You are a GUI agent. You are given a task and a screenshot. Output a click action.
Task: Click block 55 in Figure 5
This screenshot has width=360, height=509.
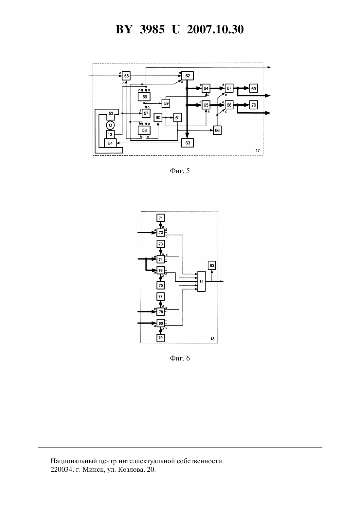click(x=126, y=76)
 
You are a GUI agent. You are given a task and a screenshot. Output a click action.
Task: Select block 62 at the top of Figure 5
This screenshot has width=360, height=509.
click(x=188, y=76)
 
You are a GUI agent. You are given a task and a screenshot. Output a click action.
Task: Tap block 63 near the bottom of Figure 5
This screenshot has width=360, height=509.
click(x=188, y=143)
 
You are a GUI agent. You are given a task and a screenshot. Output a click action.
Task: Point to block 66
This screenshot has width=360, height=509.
click(x=217, y=130)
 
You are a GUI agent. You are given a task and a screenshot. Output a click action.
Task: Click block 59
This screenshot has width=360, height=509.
click(x=166, y=103)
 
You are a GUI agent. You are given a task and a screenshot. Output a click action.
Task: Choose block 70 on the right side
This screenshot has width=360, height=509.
click(x=253, y=105)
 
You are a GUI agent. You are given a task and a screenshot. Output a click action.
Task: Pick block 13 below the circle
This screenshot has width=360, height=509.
click(x=110, y=134)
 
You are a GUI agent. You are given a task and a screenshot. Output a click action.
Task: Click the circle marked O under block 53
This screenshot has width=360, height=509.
click(x=110, y=125)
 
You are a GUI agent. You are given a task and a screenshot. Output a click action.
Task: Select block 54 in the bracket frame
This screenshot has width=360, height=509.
click(x=110, y=143)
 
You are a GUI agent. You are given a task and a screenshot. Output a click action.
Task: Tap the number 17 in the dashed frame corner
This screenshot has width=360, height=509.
click(x=258, y=150)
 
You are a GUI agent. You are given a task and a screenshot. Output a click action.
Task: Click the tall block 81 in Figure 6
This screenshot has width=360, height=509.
click(x=202, y=281)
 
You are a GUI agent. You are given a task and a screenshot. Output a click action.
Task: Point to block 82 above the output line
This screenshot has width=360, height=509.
click(x=212, y=265)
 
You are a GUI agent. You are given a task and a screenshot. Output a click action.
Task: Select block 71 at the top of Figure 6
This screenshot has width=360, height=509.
click(x=161, y=218)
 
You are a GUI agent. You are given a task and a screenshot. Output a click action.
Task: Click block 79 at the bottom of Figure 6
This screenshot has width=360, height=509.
click(x=160, y=338)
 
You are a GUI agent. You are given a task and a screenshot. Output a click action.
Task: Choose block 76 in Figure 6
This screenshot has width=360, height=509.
click(x=161, y=271)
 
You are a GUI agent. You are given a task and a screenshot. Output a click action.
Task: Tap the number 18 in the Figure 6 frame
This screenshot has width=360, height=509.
click(x=212, y=339)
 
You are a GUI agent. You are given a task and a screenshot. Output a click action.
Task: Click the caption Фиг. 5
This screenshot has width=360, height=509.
click(x=180, y=171)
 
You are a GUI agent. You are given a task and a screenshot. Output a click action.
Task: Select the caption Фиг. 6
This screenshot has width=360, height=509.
click(x=180, y=358)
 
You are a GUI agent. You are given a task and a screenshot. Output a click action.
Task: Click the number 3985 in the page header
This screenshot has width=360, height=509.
click(x=152, y=29)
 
